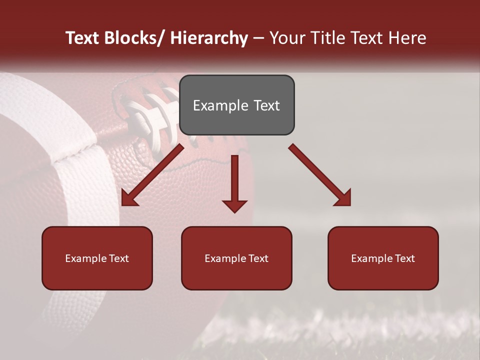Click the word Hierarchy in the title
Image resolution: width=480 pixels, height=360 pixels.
(x=209, y=38)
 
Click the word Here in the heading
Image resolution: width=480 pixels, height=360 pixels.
(x=406, y=38)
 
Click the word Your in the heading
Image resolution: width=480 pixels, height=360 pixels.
(x=286, y=38)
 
